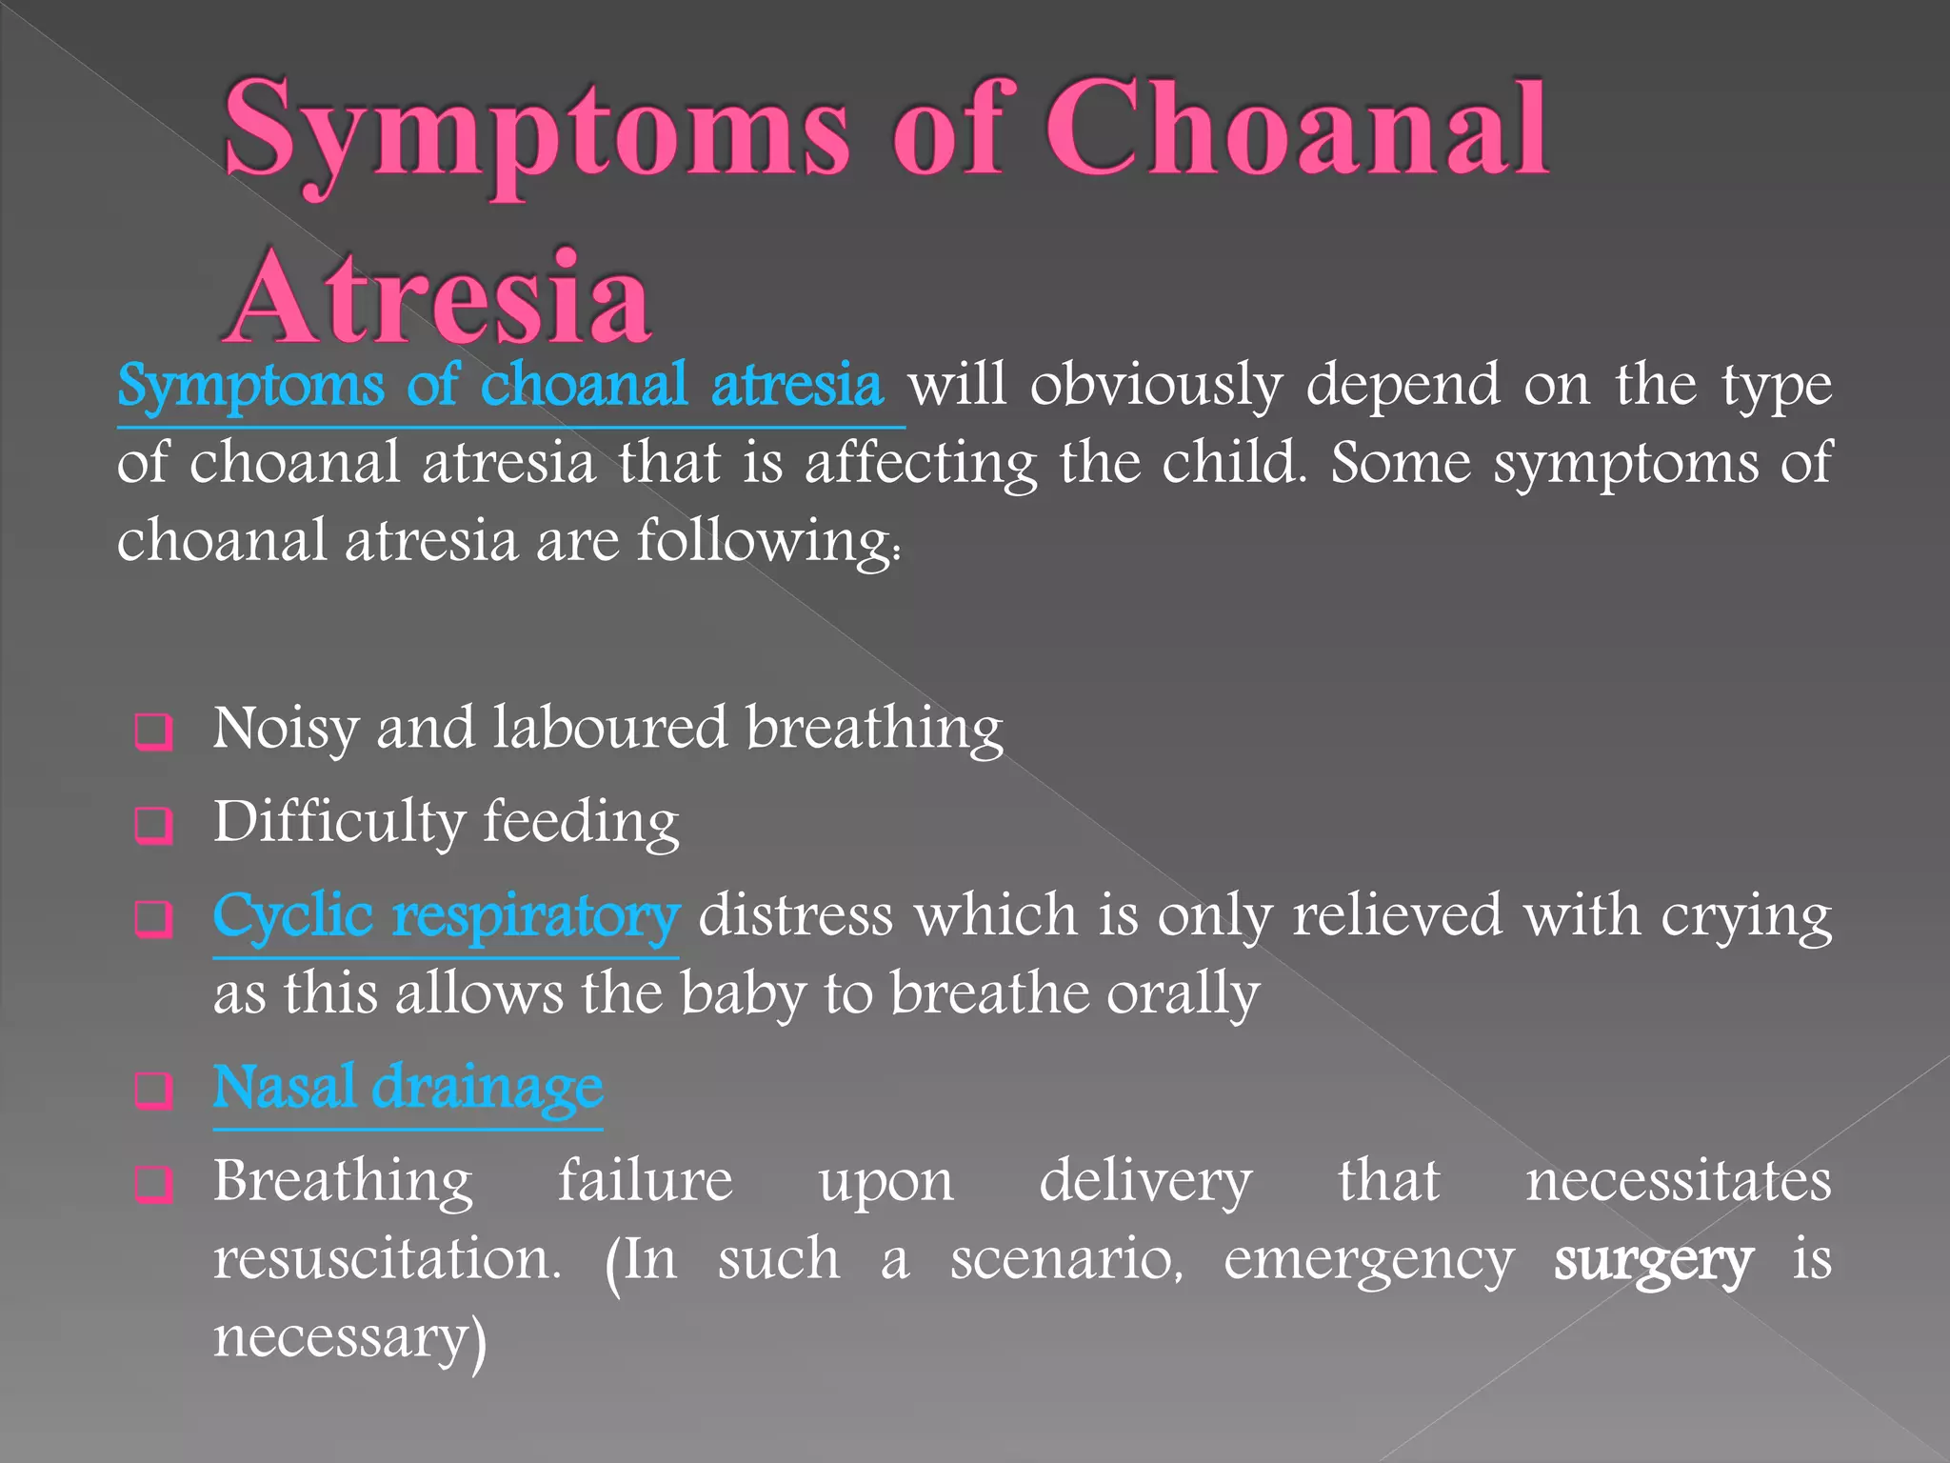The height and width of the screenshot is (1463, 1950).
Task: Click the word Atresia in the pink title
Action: (x=438, y=297)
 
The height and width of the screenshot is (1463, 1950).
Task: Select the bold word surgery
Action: (x=1653, y=1260)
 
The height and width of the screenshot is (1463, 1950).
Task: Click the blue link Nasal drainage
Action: (x=408, y=1087)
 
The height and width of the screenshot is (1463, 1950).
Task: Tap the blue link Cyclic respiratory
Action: (x=446, y=915)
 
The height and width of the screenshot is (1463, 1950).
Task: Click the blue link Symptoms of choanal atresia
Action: (x=501, y=386)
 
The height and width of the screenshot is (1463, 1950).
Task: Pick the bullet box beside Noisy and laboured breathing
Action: (x=154, y=732)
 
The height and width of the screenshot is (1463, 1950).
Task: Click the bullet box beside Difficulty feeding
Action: (x=154, y=825)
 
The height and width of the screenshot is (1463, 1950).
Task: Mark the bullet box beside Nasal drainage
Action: (x=154, y=1090)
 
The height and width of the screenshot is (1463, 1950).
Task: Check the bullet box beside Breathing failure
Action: (x=154, y=1184)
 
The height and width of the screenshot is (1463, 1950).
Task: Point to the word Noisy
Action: (x=285, y=729)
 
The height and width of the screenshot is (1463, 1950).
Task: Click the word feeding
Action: (x=581, y=821)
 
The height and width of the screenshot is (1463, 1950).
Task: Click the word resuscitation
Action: (x=387, y=1259)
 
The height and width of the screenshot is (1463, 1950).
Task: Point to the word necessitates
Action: (x=1678, y=1181)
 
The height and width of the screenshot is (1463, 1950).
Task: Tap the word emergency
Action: (x=1368, y=1260)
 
